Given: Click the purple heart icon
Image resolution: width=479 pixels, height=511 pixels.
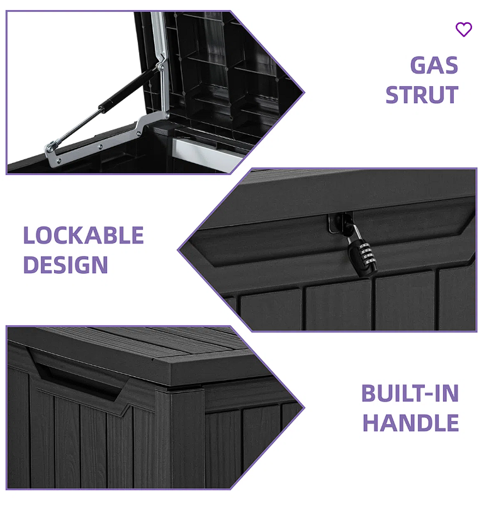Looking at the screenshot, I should pos(463,30).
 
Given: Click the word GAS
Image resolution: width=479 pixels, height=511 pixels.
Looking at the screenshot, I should pos(434,65).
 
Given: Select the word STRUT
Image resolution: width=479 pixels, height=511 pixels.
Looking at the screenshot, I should pos(421,95).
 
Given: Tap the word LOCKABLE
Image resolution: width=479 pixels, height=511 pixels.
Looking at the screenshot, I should pos(84,235).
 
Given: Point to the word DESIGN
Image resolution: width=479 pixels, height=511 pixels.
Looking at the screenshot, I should pos(65,265).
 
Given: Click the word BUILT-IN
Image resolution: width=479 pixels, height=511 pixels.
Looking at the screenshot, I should pos(410,393).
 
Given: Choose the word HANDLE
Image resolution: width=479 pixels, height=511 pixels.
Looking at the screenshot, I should pos(410,423).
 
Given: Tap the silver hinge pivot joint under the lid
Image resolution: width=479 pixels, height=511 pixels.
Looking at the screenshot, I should pos(160,62).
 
